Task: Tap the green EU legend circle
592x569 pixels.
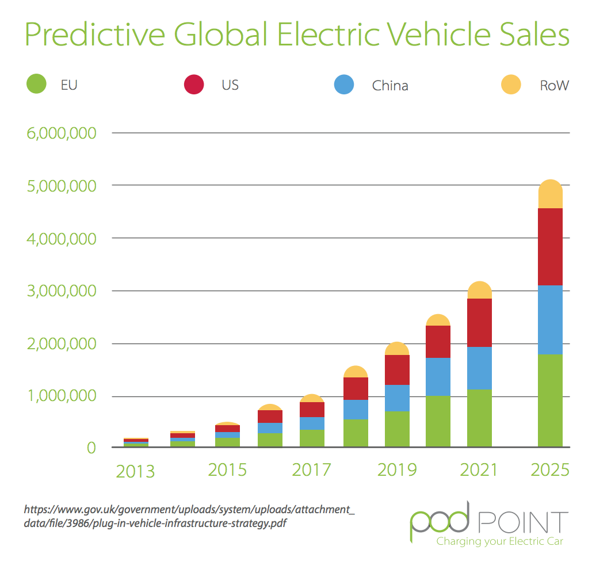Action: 36,85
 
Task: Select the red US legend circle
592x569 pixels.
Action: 194,85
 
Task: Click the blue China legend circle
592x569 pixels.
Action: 344,85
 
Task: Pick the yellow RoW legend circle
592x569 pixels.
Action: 510,85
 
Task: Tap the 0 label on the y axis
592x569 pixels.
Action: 91,448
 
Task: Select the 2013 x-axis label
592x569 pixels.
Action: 135,471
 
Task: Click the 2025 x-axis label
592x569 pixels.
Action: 549,470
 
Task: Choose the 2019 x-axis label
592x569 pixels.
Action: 397,470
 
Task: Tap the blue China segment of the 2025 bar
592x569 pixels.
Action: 550,319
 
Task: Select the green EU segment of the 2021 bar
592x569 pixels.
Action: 479,418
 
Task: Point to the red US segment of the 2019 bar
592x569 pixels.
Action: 397,370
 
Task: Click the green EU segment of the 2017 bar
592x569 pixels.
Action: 312,438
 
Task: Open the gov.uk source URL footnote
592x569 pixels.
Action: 189,516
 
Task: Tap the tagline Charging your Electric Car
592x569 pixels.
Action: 499,541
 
